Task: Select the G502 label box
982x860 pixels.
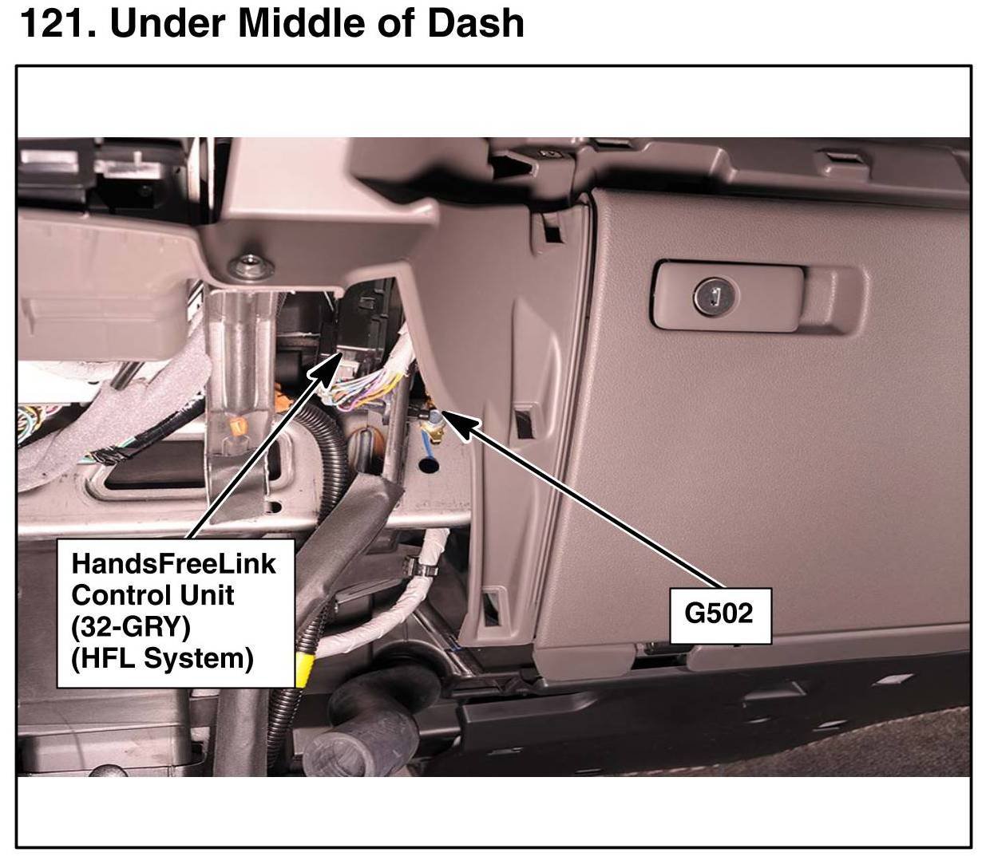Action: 719,614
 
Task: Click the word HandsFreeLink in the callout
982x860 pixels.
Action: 174,563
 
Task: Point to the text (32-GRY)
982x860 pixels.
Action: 131,627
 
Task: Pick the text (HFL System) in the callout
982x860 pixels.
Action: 162,659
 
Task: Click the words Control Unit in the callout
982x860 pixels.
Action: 152,595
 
